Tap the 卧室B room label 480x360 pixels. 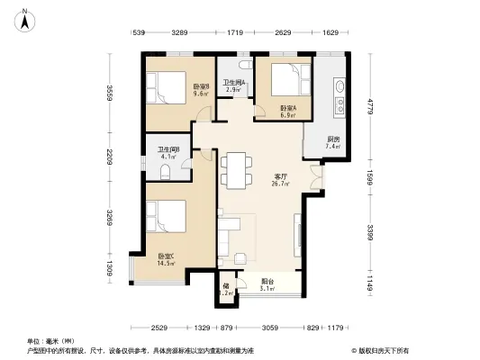[201, 89]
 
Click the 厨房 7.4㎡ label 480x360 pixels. [332, 143]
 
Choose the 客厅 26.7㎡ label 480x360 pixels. [281, 179]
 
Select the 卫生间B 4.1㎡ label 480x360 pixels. [168, 154]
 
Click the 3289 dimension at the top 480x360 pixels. [180, 32]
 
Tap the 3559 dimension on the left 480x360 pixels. [109, 94]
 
